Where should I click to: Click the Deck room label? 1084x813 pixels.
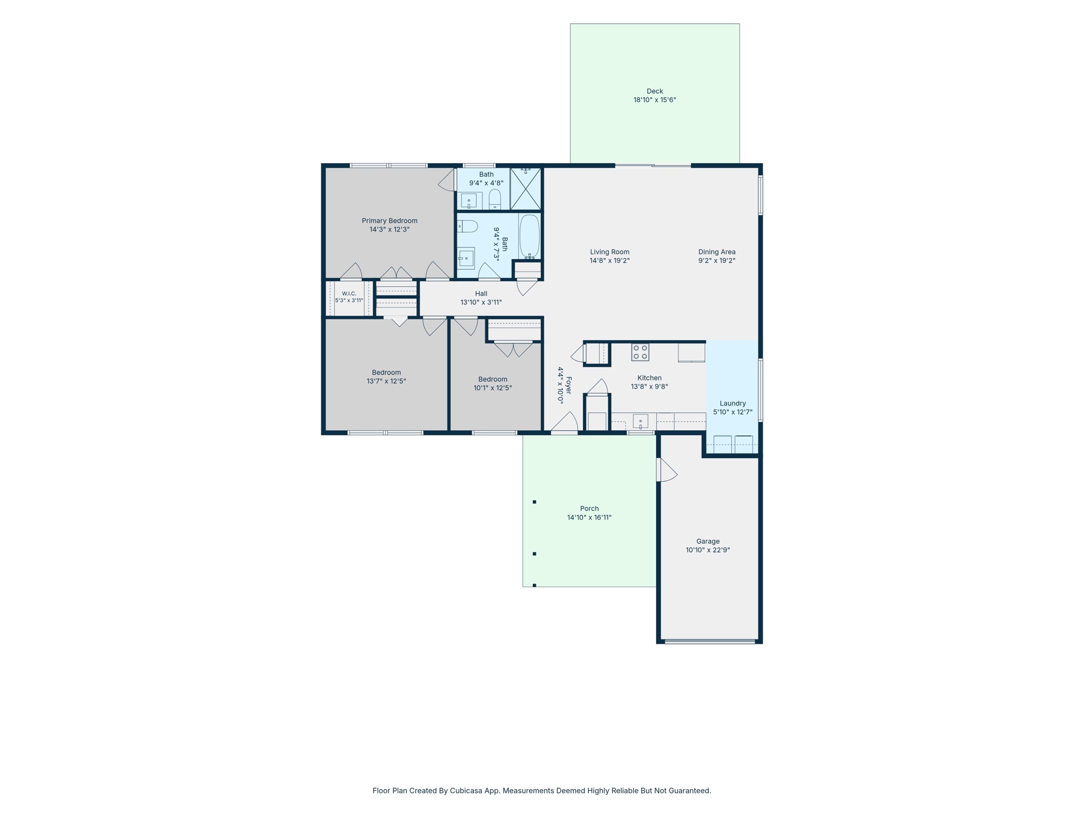coord(654,91)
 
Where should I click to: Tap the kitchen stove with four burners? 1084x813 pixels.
coord(640,352)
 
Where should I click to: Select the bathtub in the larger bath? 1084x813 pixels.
coord(529,236)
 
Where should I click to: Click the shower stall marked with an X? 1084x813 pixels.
coord(525,188)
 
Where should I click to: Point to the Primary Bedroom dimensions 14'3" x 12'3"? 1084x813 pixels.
coord(390,229)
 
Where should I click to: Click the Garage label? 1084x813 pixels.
coord(707,541)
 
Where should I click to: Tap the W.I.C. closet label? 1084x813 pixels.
coord(349,294)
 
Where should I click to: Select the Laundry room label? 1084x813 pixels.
coord(733,403)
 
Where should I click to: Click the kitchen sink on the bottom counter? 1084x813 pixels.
coord(640,422)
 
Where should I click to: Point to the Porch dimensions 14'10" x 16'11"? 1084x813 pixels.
coord(589,517)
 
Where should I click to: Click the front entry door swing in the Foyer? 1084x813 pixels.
coord(565,422)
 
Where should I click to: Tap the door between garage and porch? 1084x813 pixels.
coord(667,470)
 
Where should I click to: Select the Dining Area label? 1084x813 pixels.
coord(717,252)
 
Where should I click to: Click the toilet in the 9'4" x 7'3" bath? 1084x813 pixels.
coord(467,226)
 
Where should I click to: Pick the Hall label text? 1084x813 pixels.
coord(481,294)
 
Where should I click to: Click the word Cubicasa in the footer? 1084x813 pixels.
coord(466,791)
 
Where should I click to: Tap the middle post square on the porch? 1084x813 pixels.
coord(535,554)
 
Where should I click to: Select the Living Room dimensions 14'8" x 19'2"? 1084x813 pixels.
coord(609,261)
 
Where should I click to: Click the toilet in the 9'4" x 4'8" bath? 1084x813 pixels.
coord(495,200)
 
